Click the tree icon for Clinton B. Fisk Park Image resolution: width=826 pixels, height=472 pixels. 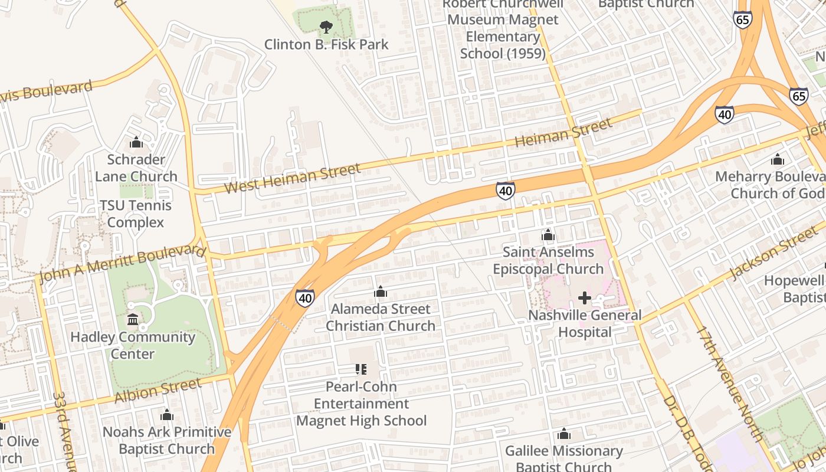point(325,27)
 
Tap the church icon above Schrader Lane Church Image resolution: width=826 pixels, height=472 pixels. point(136,142)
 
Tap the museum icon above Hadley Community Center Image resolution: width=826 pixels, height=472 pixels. point(133,320)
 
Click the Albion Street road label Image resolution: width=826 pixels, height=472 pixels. point(158,391)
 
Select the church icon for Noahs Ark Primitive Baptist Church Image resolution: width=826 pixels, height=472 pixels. point(167,415)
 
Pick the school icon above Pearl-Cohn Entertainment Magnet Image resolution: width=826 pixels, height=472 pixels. point(361,370)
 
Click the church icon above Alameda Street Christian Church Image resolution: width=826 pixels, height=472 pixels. point(381,291)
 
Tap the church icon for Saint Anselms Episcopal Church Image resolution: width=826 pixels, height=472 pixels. point(548,235)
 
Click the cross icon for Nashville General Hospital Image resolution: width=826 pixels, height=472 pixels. point(584,298)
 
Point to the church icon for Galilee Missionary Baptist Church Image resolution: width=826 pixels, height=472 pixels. point(564,434)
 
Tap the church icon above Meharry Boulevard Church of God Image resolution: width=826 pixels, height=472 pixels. point(777,159)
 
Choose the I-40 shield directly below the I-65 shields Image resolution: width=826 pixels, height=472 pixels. point(724,114)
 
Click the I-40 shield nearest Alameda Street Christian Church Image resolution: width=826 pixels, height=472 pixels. point(305,298)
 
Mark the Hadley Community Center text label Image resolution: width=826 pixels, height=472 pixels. point(133,346)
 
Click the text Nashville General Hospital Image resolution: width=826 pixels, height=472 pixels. point(584,323)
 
